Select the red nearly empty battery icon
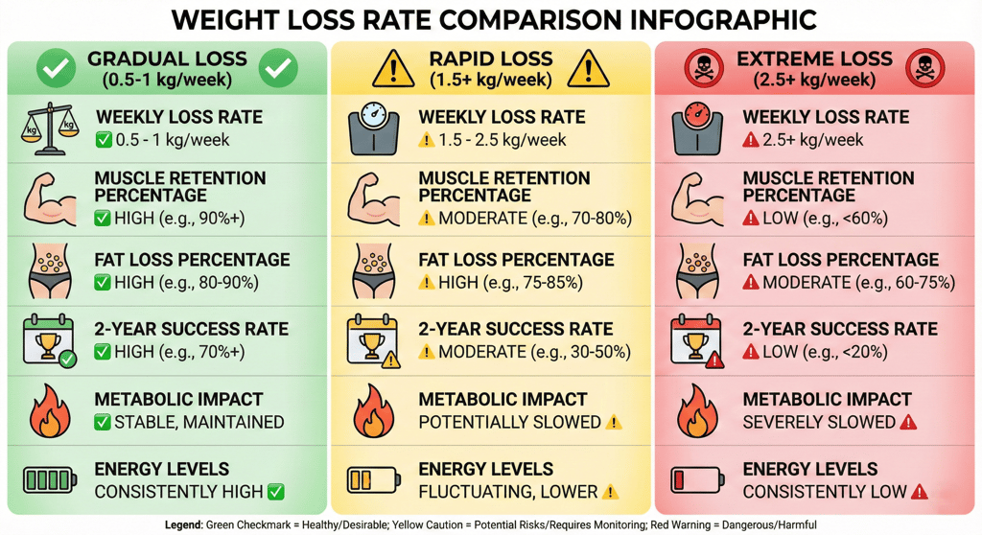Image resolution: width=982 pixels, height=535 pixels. (695, 480)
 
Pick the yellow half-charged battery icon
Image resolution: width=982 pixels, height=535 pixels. (371, 480)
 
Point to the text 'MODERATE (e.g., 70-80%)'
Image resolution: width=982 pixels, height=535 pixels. (535, 219)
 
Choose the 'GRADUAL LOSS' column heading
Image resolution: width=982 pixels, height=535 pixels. (167, 59)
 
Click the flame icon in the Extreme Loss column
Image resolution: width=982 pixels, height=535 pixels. (696, 410)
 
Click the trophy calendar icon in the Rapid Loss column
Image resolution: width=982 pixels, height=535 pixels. (372, 341)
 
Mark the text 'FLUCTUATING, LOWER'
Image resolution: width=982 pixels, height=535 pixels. (508, 492)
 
